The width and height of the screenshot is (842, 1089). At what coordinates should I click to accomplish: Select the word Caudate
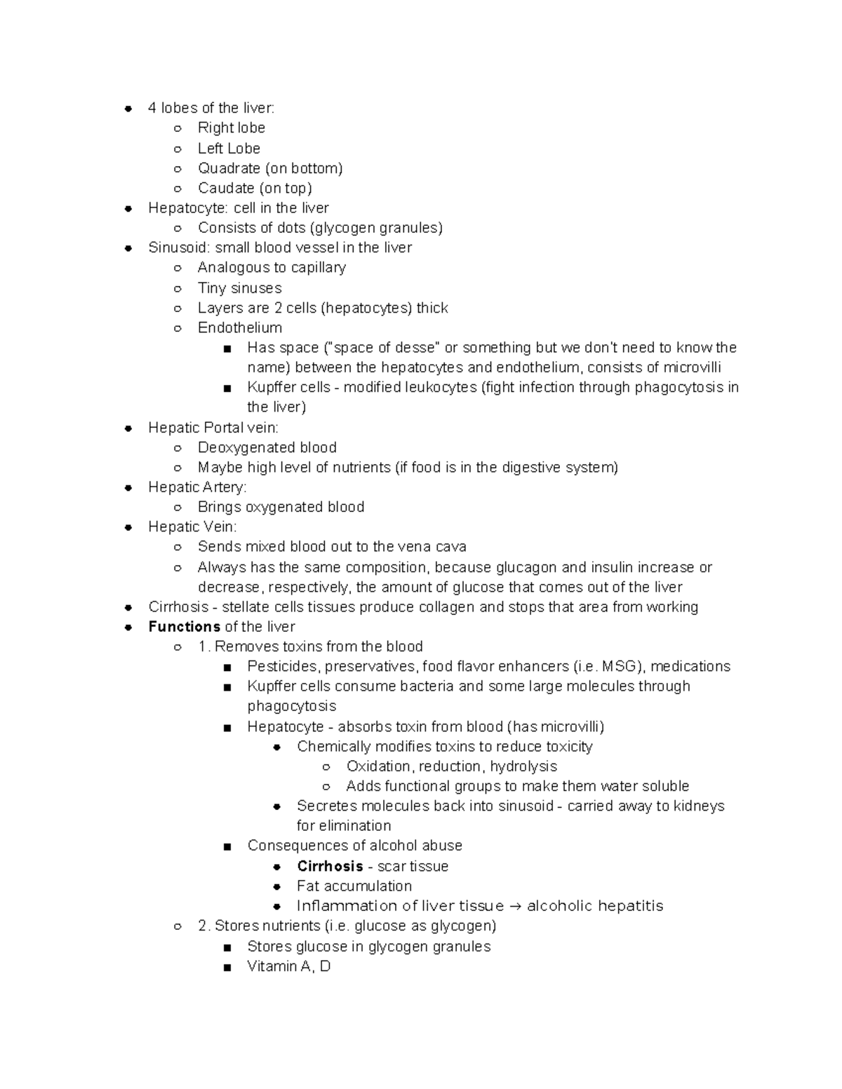tap(226, 188)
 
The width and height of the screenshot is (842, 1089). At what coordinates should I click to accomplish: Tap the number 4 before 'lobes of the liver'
tap(152, 108)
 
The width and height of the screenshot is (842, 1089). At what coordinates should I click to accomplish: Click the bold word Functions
tap(185, 626)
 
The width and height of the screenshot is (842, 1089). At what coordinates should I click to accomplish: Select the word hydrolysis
tap(523, 766)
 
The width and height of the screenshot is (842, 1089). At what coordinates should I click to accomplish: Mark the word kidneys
tap(699, 806)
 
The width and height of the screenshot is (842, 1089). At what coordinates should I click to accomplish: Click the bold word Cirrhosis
tap(330, 866)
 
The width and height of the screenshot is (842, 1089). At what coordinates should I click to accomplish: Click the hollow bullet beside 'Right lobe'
tap(178, 128)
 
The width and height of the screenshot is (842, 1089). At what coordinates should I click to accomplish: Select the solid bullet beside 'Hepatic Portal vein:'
tap(128, 428)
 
